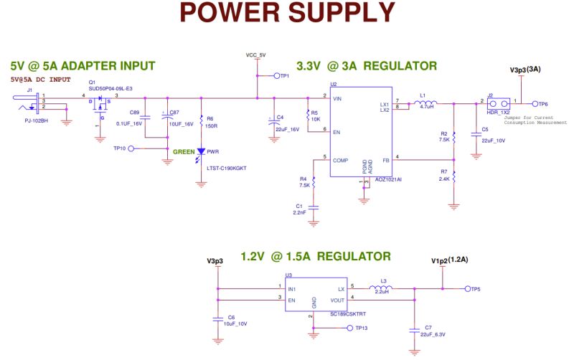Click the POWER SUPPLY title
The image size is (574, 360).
point(287,13)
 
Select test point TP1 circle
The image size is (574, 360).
point(275,75)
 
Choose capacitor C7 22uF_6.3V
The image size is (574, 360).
point(413,331)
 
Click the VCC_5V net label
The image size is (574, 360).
point(255,55)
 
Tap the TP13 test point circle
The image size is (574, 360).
point(349,328)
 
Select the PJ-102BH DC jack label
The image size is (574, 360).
point(36,121)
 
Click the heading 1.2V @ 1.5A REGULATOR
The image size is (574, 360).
point(316,256)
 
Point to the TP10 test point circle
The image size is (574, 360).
point(131,148)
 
